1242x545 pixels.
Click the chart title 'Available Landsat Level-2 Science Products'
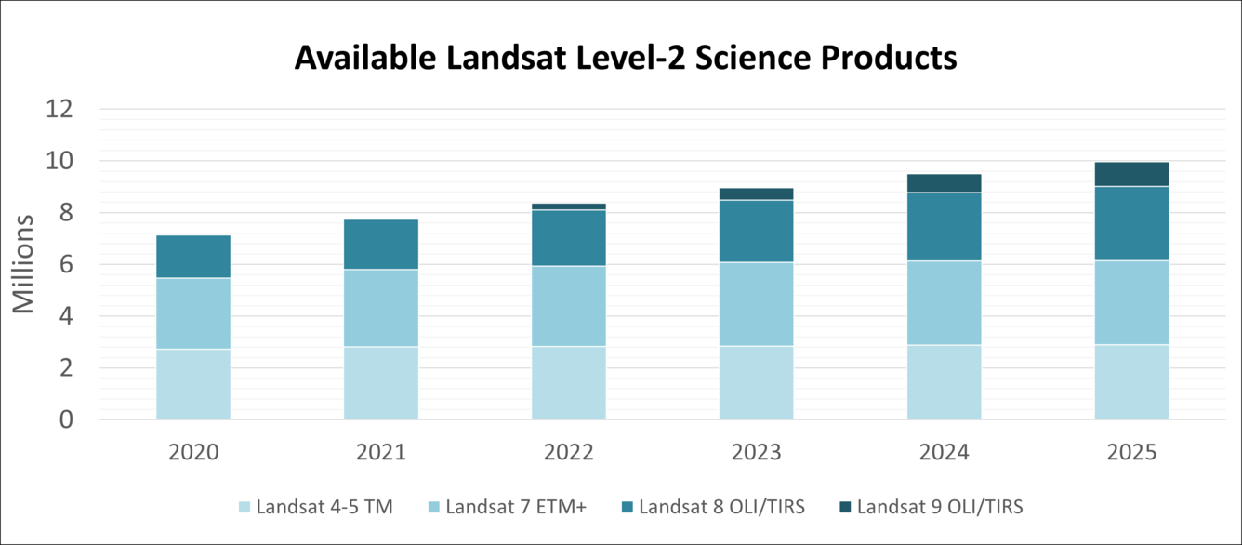coord(626,59)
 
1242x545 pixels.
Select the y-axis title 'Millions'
coord(23,264)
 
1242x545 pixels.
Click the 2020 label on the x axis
coord(193,453)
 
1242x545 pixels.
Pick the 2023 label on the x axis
coord(756,453)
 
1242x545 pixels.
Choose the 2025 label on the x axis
coord(1131,453)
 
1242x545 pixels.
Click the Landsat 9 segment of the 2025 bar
coord(1131,174)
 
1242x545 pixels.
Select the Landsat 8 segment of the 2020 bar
coord(193,257)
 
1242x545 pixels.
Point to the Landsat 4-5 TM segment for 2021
coord(381,383)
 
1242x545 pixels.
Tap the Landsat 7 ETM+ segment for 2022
coord(569,306)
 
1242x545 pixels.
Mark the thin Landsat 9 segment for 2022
coord(569,206)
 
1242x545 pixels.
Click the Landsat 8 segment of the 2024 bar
coord(944,226)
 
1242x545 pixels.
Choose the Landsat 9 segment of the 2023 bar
coord(756,193)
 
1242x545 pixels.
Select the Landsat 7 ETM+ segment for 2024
coord(944,302)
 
